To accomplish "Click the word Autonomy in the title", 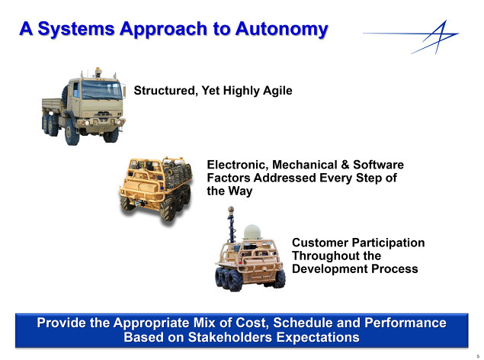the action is tap(281, 30).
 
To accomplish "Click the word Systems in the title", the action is tap(76, 30).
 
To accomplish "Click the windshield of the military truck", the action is tap(101, 90).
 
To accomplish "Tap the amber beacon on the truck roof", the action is tap(98, 71).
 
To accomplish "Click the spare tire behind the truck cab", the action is tap(65, 94).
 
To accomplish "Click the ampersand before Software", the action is tap(345, 165).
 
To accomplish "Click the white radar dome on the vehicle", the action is tap(252, 232).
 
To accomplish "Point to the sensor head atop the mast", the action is tap(231, 210).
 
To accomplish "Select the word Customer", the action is tap(319, 243).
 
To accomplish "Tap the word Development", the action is tap(330, 269).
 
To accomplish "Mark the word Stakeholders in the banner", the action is tap(230, 337).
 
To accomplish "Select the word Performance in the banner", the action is tap(405, 323).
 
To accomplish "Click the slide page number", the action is tap(478, 356).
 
